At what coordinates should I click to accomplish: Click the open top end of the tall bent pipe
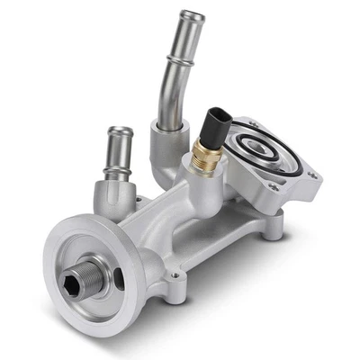(192, 16)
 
